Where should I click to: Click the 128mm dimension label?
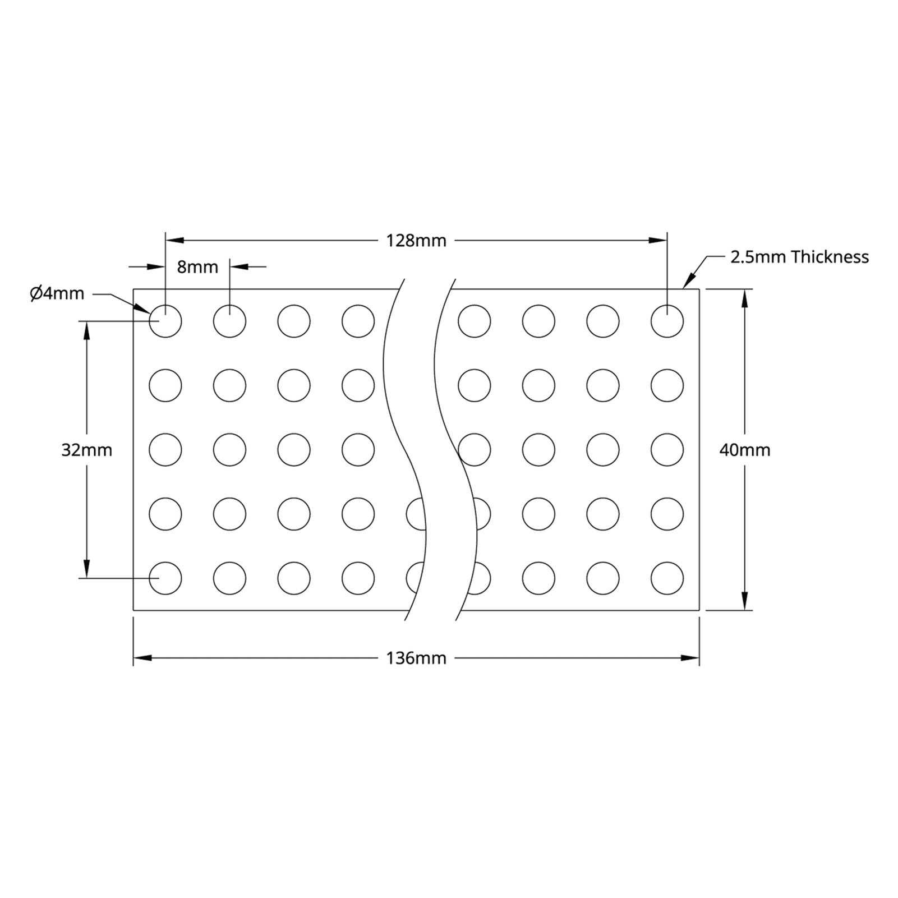click(416, 241)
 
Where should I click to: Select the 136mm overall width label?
click(416, 658)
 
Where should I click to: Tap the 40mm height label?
click(744, 450)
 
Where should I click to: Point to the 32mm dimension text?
click(87, 450)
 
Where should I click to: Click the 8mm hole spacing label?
click(197, 267)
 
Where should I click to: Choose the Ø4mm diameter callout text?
click(57, 293)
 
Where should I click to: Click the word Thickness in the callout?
click(830, 257)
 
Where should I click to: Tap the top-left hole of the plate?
click(165, 321)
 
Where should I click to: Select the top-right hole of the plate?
click(667, 321)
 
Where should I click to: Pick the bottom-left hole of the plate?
click(165, 578)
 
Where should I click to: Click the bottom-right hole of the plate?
click(667, 578)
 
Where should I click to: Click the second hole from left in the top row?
click(229, 321)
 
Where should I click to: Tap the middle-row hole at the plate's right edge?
click(667, 450)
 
